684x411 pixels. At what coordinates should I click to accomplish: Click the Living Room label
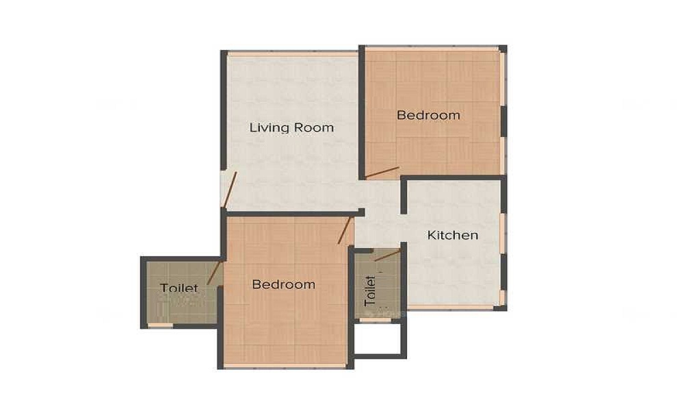click(291, 127)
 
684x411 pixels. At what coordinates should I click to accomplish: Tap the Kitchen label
click(452, 235)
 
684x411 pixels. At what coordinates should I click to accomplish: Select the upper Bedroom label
click(428, 115)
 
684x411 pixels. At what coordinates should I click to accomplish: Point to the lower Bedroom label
click(283, 284)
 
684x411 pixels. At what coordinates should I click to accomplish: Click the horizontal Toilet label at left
click(179, 288)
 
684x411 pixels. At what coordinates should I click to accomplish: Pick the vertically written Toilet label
click(371, 290)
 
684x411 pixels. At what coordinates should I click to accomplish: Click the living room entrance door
click(230, 189)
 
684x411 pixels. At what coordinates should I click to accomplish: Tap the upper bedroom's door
click(382, 173)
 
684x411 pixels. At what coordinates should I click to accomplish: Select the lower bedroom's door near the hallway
click(345, 230)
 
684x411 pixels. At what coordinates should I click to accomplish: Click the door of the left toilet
click(214, 272)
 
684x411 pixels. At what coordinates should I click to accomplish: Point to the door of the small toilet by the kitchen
click(388, 255)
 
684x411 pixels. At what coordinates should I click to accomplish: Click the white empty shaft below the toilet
click(377, 337)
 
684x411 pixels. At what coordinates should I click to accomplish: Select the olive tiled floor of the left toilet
click(171, 308)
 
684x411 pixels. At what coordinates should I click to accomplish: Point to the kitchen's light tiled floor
click(455, 274)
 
